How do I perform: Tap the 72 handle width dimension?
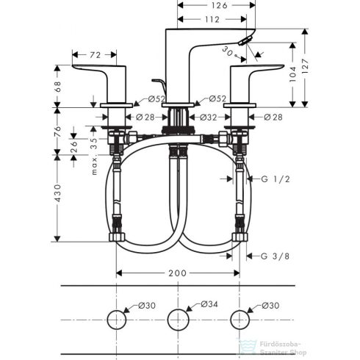tap(95, 55)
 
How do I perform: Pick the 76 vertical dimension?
tap(59, 130)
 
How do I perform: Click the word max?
tap(94, 164)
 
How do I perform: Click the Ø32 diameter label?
tap(208, 117)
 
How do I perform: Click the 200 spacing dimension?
tap(177, 273)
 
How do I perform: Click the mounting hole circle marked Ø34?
tap(177, 320)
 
